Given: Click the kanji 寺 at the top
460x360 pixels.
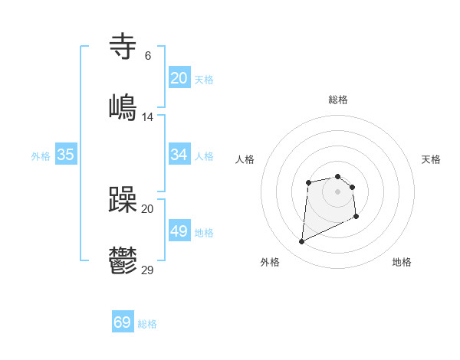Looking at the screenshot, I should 123,46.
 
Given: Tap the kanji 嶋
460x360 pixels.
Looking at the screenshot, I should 123,106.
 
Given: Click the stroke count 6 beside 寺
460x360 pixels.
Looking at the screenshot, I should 148,56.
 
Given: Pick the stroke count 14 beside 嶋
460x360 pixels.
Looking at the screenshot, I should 148,117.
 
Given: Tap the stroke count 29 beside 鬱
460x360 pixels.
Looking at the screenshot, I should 148,270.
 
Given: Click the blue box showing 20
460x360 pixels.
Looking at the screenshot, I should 179,78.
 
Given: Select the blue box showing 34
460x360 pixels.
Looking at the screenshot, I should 179,155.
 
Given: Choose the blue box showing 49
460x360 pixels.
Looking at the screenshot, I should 179,231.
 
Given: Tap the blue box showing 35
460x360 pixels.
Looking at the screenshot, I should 66,155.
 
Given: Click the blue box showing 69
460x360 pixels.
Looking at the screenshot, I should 123,322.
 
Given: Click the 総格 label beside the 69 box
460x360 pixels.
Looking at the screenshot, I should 147,324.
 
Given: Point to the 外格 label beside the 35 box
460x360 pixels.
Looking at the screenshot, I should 41,156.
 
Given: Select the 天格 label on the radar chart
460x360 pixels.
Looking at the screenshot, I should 431,159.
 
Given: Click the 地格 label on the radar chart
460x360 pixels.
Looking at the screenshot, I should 402,262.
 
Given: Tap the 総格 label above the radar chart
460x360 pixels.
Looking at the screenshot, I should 338,100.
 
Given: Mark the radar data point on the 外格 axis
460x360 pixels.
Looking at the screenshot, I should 301,242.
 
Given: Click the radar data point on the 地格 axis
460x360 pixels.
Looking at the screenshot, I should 356,217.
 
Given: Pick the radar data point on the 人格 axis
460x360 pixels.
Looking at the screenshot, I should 308,182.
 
